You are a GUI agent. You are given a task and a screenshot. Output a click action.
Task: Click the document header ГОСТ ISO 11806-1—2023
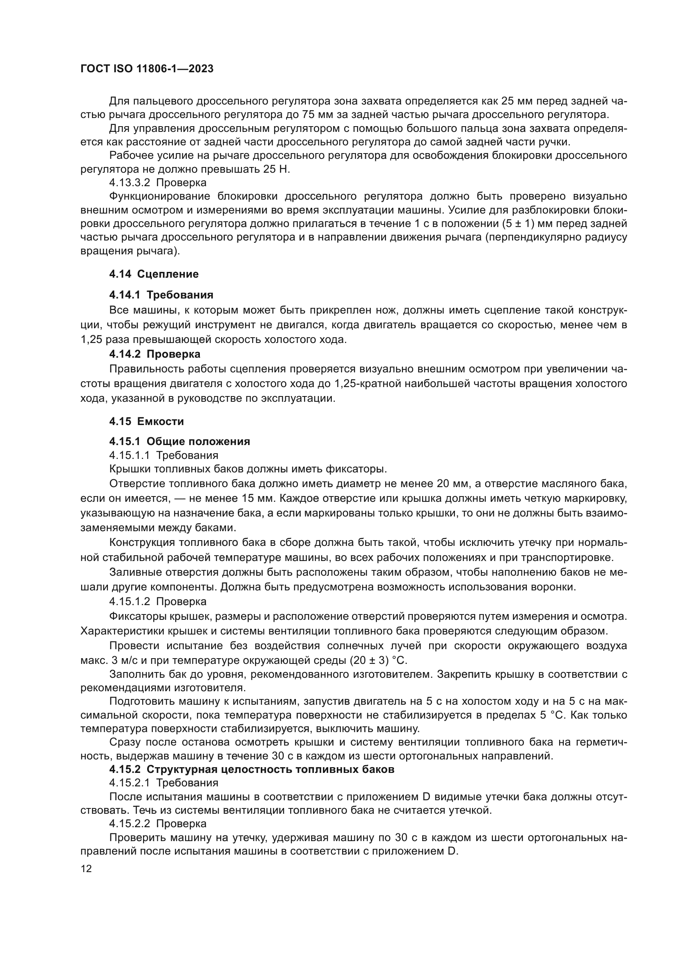pyautogui.click(x=147, y=69)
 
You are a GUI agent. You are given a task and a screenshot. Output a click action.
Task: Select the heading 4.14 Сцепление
pyautogui.click(x=154, y=274)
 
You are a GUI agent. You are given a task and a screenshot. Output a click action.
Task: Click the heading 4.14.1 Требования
pyautogui.click(x=161, y=295)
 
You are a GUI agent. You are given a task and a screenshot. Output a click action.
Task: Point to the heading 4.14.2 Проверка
pyautogui.click(x=154, y=354)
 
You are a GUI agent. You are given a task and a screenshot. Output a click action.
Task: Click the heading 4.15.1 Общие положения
pyautogui.click(x=179, y=441)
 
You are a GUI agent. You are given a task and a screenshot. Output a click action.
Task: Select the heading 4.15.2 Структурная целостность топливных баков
pyautogui.click(x=251, y=769)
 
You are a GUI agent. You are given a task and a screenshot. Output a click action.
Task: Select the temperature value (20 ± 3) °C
pyautogui.click(x=378, y=661)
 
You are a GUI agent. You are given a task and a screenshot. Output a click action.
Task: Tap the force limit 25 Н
pyautogui.click(x=276, y=169)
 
